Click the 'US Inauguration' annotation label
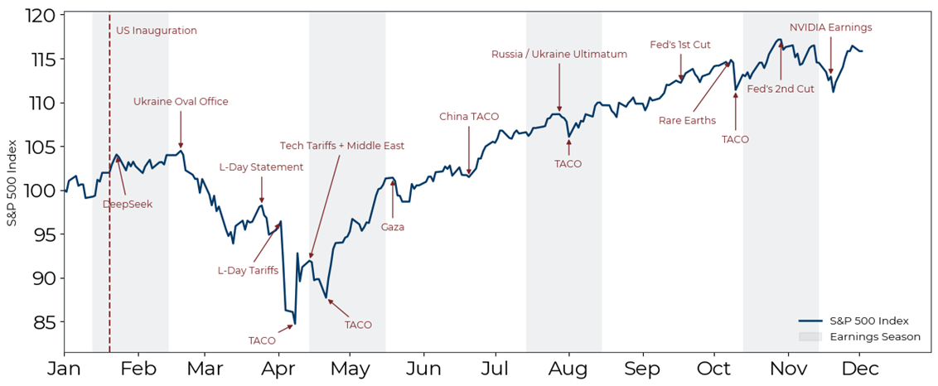point(157,31)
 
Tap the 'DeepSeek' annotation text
point(128,204)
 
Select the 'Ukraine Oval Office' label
point(181,102)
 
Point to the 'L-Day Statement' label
point(261,166)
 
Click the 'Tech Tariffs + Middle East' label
point(342,146)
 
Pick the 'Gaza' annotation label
point(393,226)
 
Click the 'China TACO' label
point(469,117)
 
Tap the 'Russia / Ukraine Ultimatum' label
point(559,55)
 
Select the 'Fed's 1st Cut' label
point(680,45)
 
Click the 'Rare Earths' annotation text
point(688,120)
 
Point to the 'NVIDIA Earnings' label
point(830,27)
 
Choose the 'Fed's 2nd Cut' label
point(781,89)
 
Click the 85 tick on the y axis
point(45,321)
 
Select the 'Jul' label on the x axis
point(495,368)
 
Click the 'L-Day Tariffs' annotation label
point(248,270)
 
